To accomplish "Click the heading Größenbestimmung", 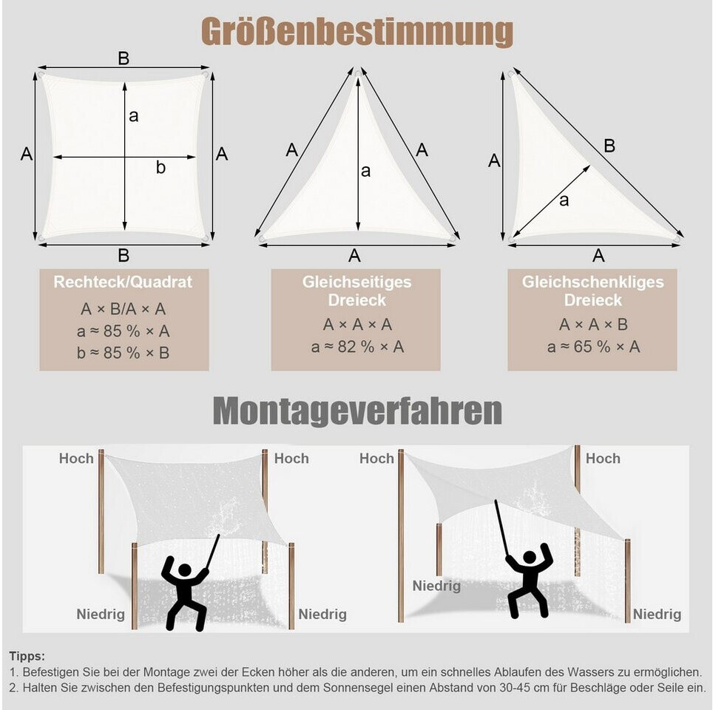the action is (x=356, y=33).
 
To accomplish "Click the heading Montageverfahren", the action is (x=357, y=411).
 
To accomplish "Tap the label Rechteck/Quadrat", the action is (x=123, y=282).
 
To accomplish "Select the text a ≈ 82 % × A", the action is (x=356, y=347).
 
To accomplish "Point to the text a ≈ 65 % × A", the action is (x=593, y=346).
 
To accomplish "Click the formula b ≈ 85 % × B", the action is (x=124, y=353).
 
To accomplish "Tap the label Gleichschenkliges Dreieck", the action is (x=593, y=291).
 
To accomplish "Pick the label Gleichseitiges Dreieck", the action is (x=356, y=291).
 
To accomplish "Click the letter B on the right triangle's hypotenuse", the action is (x=609, y=146).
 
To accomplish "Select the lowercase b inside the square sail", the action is (x=160, y=168).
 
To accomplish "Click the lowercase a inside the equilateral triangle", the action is (x=365, y=171).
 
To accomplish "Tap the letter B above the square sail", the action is (x=124, y=58).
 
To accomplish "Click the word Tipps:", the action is (x=27, y=656).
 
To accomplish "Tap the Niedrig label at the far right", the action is (x=657, y=615).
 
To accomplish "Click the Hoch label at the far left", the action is (x=76, y=459).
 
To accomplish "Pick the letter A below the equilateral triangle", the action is (x=355, y=255).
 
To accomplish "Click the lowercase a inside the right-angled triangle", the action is (x=564, y=200).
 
